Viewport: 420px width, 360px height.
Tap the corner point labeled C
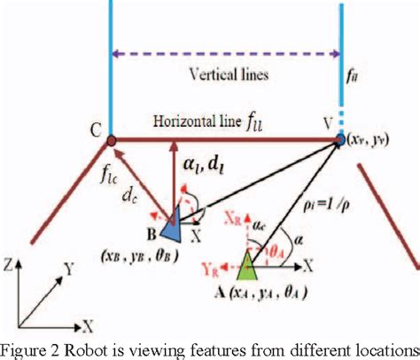(112, 139)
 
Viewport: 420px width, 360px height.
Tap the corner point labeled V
(339, 139)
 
